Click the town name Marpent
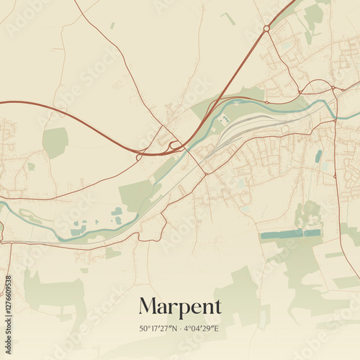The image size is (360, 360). tap(180, 306)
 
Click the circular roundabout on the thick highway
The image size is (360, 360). tap(266, 29)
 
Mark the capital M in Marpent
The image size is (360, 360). tap(148, 306)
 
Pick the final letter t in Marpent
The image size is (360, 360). tap(218, 307)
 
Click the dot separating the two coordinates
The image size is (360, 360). tap(180, 328)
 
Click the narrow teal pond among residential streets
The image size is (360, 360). tap(318, 156)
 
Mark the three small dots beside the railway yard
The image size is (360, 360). tap(225, 119)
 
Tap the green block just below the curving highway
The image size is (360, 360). tap(55, 142)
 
